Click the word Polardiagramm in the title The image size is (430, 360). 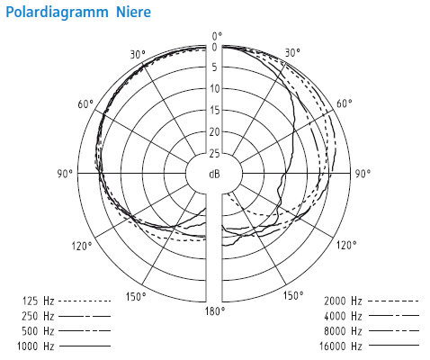57,13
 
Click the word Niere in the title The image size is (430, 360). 134,12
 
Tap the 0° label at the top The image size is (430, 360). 217,36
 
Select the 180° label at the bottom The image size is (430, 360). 215,311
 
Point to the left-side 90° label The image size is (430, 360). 65,174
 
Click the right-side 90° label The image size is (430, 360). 363,174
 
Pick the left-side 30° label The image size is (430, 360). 138,55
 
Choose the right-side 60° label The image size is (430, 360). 345,103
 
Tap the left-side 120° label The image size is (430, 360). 82,246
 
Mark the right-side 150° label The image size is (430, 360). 293,295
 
